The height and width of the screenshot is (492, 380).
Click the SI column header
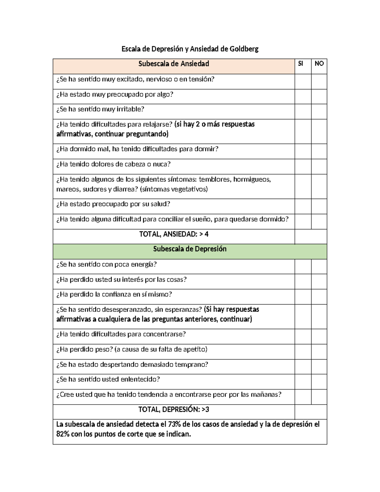(301, 64)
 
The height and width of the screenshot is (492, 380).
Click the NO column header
(319, 64)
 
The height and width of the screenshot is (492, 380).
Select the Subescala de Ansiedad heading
(174, 64)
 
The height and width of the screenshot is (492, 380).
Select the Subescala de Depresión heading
(190, 249)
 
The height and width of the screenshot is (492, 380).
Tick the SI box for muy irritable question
(303, 112)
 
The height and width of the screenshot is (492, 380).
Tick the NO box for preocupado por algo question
(319, 96)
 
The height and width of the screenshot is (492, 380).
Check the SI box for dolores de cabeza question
(303, 166)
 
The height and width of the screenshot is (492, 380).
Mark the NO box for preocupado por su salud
(319, 206)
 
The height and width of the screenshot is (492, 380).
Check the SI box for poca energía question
(303, 266)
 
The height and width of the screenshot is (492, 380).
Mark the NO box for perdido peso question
(319, 352)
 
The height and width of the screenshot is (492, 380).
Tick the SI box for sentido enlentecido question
(303, 382)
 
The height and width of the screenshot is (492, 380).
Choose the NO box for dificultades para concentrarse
(319, 336)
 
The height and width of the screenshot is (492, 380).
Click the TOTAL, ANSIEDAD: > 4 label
(174, 234)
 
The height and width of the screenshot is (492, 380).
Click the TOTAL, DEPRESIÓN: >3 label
(174, 410)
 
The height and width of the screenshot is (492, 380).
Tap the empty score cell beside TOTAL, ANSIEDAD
(311, 236)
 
